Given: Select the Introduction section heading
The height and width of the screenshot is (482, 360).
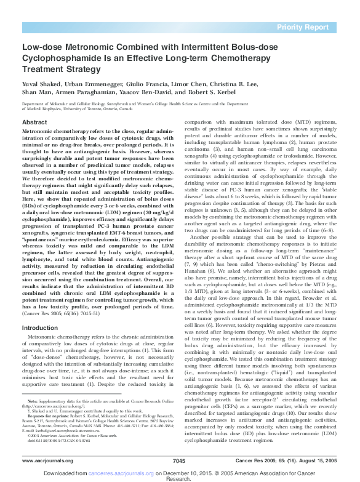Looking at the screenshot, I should click(40, 328).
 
